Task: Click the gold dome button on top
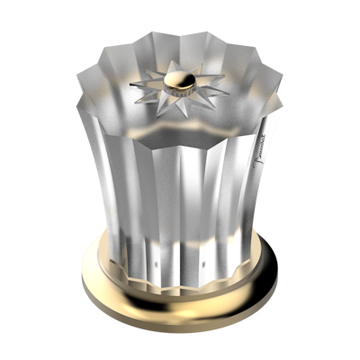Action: point(178,78)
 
